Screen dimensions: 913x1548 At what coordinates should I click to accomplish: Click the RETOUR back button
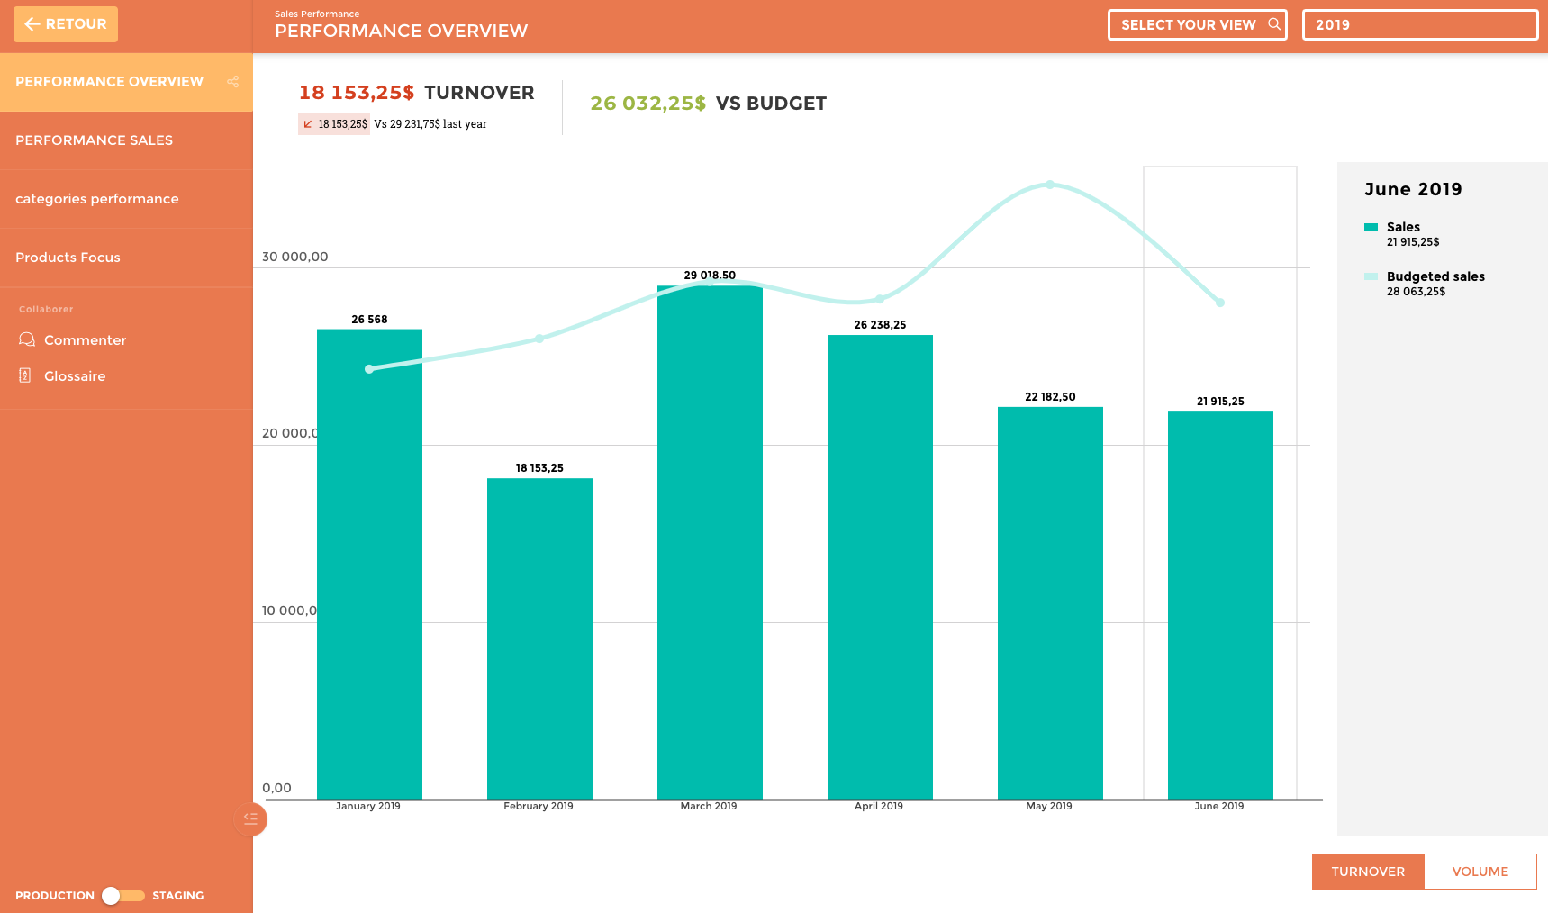[66, 24]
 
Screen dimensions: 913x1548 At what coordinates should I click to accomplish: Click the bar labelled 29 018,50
[710, 541]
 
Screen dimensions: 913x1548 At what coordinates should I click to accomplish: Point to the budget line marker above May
[1050, 185]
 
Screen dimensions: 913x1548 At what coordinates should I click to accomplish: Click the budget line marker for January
[369, 369]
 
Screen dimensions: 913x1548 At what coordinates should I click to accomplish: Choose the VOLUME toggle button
[1480, 872]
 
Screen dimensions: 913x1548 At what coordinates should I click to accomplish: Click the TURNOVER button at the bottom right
[1368, 872]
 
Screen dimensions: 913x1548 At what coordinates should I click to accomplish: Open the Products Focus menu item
[68, 258]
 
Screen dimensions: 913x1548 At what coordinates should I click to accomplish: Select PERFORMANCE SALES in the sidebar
[95, 140]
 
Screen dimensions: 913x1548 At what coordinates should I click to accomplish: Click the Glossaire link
[75, 376]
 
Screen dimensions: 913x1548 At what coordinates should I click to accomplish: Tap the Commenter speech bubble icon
[27, 339]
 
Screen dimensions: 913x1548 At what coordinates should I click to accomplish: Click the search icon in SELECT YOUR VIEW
[1274, 24]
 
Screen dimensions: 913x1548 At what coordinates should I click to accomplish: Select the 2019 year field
[1419, 25]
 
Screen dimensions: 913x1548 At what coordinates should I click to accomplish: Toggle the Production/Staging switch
[122, 896]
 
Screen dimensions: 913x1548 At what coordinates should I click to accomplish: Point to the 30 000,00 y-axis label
[295, 257]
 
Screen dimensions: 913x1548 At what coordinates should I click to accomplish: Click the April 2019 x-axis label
[879, 806]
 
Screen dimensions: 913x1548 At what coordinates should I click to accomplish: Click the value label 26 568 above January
[369, 320]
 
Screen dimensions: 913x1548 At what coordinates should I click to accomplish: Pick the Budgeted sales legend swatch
[1371, 276]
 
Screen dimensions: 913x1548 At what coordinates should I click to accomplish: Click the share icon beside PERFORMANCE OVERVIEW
[233, 82]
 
